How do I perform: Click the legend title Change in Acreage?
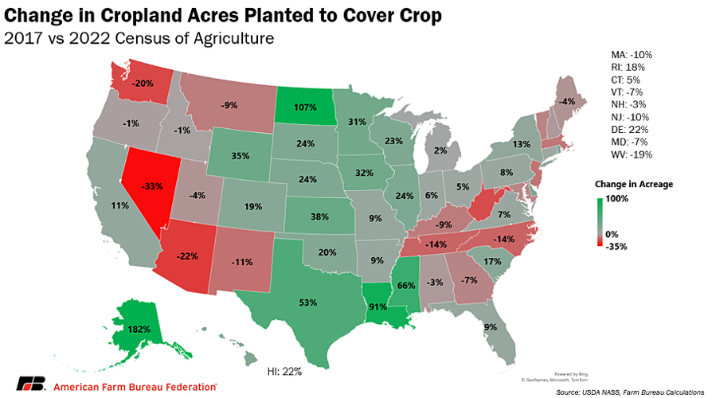pyautogui.click(x=633, y=184)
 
